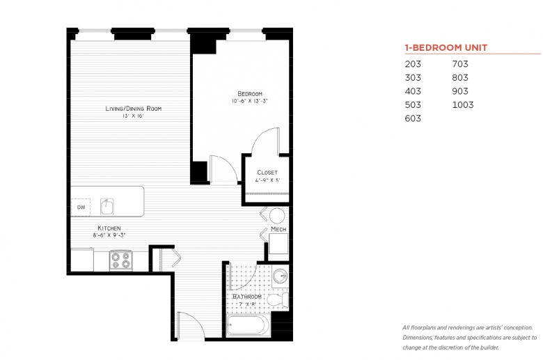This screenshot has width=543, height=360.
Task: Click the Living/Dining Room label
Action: pyautogui.click(x=134, y=109)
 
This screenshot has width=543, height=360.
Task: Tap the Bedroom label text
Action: pyautogui.click(x=250, y=93)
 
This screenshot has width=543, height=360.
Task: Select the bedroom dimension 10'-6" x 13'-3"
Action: pyautogui.click(x=250, y=101)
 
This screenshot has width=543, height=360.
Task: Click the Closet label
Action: pyautogui.click(x=267, y=172)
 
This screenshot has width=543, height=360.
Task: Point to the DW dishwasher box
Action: pyautogui.click(x=81, y=208)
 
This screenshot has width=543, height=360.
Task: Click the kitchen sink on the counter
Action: pyautogui.click(x=107, y=207)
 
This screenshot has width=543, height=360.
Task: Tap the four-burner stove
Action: pyautogui.click(x=121, y=260)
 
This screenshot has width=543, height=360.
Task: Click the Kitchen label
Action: pyautogui.click(x=109, y=228)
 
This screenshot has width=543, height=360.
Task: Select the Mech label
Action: pyautogui.click(x=278, y=229)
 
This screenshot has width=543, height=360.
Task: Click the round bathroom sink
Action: pyautogui.click(x=280, y=276)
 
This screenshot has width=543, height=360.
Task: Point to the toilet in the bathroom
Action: pyautogui.click(x=278, y=300)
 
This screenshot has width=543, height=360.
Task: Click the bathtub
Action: pyautogui.click(x=249, y=325)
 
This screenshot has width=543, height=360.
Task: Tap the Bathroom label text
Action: pyautogui.click(x=247, y=297)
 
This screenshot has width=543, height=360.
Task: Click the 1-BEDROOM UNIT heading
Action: pyautogui.click(x=446, y=47)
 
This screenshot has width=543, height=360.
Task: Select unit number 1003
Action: pyautogui.click(x=463, y=104)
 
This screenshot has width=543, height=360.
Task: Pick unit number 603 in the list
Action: pyautogui.click(x=413, y=118)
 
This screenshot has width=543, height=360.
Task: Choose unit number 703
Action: pyautogui.click(x=460, y=64)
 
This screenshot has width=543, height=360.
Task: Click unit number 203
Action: pyautogui.click(x=413, y=64)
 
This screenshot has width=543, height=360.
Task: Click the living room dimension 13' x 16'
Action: pyautogui.click(x=133, y=116)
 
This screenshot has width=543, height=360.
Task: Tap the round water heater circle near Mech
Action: pyautogui.click(x=277, y=216)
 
